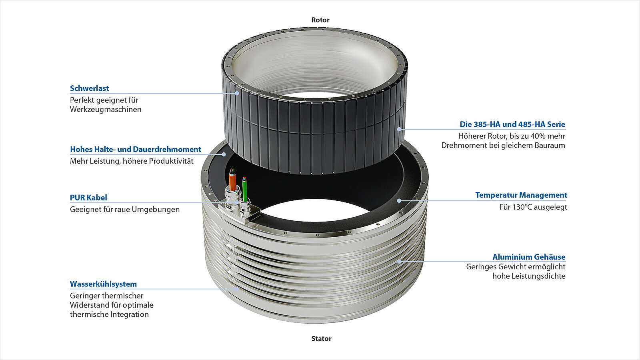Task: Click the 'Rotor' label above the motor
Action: (x=320, y=20)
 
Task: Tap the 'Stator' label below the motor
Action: (x=321, y=339)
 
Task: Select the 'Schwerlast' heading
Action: (x=89, y=88)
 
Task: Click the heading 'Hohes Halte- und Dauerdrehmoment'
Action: (x=136, y=150)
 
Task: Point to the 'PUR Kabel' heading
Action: (x=88, y=198)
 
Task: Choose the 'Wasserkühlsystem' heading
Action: (x=103, y=284)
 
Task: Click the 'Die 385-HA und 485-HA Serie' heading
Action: (x=512, y=124)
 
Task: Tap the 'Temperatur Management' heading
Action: (x=521, y=195)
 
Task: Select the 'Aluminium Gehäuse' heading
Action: (x=529, y=257)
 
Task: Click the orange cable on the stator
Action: (x=232, y=182)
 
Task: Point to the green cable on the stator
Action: (x=244, y=188)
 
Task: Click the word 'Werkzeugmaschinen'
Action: (x=106, y=110)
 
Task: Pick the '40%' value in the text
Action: (x=538, y=136)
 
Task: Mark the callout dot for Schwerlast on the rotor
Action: (x=237, y=93)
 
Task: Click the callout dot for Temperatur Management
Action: (x=399, y=200)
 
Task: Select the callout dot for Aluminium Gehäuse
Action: (x=399, y=262)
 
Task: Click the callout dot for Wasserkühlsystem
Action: (x=237, y=289)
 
